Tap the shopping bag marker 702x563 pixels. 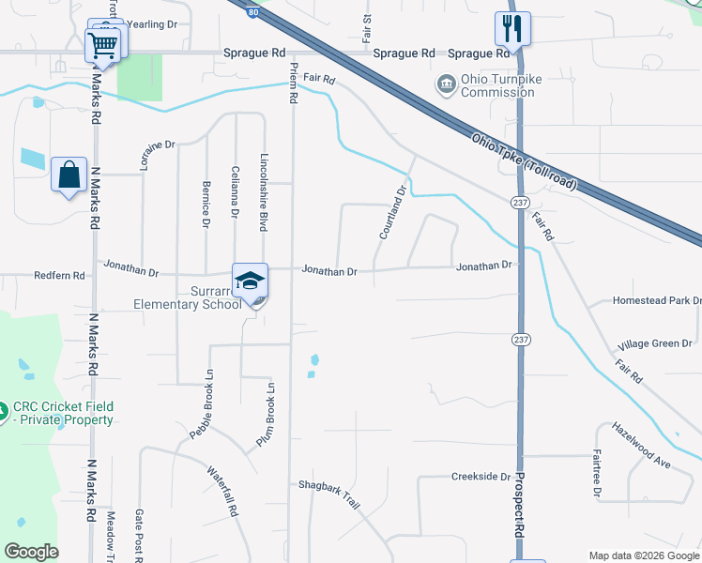(69, 175)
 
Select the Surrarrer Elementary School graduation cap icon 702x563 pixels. (251, 281)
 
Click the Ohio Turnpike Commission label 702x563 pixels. (485, 85)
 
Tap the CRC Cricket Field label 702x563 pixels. (62, 414)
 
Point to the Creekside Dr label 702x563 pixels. (480, 477)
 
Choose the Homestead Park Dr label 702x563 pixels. (657, 300)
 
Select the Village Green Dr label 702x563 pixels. (657, 344)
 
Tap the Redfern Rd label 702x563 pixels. (59, 277)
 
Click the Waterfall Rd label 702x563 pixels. (222, 492)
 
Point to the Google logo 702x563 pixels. (31, 552)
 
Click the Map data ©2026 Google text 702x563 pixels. (643, 555)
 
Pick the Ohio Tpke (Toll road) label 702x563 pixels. (524, 162)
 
